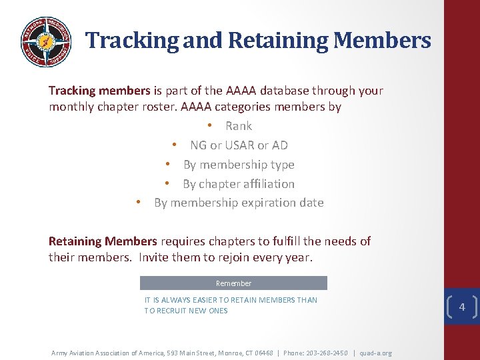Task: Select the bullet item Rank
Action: tap(238, 126)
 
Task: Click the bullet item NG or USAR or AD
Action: tap(239, 145)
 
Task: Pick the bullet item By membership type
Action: tap(239, 165)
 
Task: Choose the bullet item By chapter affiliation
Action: tap(239, 184)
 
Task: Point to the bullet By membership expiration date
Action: tap(239, 203)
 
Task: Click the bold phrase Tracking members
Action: tap(99, 91)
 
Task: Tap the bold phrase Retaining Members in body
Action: tap(103, 241)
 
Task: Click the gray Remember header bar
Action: tap(233, 283)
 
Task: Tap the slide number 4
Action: tap(462, 307)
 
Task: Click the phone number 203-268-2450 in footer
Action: tap(325, 353)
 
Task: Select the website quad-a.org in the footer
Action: tap(375, 353)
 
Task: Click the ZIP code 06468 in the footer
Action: tap(265, 353)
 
